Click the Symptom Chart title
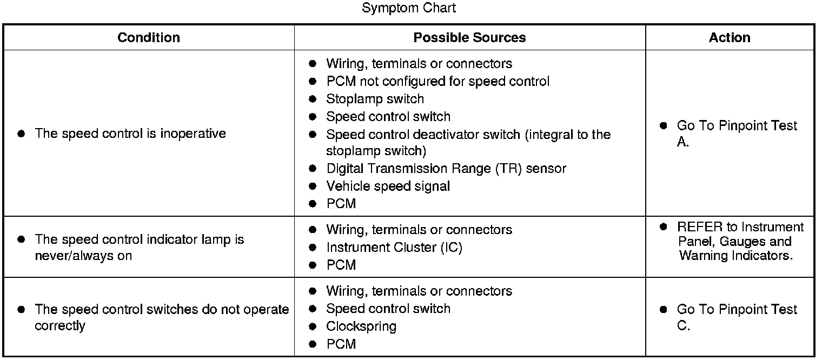click(x=409, y=8)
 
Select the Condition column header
click(x=149, y=37)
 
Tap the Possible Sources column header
click(x=469, y=37)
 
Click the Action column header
click(x=730, y=37)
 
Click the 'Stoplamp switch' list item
click(x=375, y=99)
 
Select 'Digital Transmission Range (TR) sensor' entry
click(x=446, y=169)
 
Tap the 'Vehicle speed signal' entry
click(x=388, y=186)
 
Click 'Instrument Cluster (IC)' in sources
click(x=394, y=248)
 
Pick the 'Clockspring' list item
click(x=361, y=326)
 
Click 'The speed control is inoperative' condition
click(x=130, y=134)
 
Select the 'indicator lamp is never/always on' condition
click(x=139, y=247)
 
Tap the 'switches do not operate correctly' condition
click(x=161, y=317)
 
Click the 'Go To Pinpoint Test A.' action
click(x=737, y=134)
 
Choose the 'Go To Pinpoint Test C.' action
click(x=737, y=317)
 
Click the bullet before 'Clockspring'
click(x=313, y=326)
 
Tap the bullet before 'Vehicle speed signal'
click(x=313, y=186)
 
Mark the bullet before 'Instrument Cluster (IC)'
click(x=313, y=248)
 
